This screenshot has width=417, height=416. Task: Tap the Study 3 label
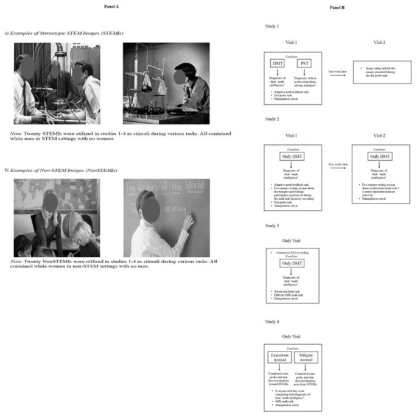tap(272, 226)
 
